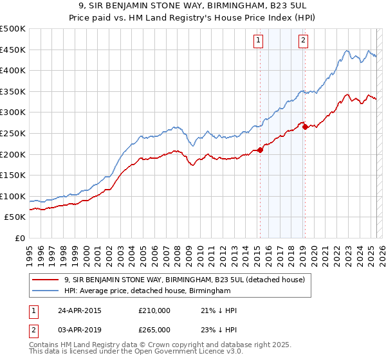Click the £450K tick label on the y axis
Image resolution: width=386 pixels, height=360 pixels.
pos(13,50)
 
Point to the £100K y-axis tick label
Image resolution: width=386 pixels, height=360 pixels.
pos(13,196)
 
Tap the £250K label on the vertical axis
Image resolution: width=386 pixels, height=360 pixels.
pos(13,133)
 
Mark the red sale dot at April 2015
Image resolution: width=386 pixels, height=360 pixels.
pos(260,150)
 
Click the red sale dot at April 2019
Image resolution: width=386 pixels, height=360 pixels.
pos(305,127)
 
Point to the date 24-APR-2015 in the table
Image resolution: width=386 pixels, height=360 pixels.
pos(80,310)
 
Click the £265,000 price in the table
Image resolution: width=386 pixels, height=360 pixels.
pos(154,329)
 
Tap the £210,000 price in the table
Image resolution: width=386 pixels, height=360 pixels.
pos(154,310)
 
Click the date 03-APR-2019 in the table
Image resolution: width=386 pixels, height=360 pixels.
pos(80,329)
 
